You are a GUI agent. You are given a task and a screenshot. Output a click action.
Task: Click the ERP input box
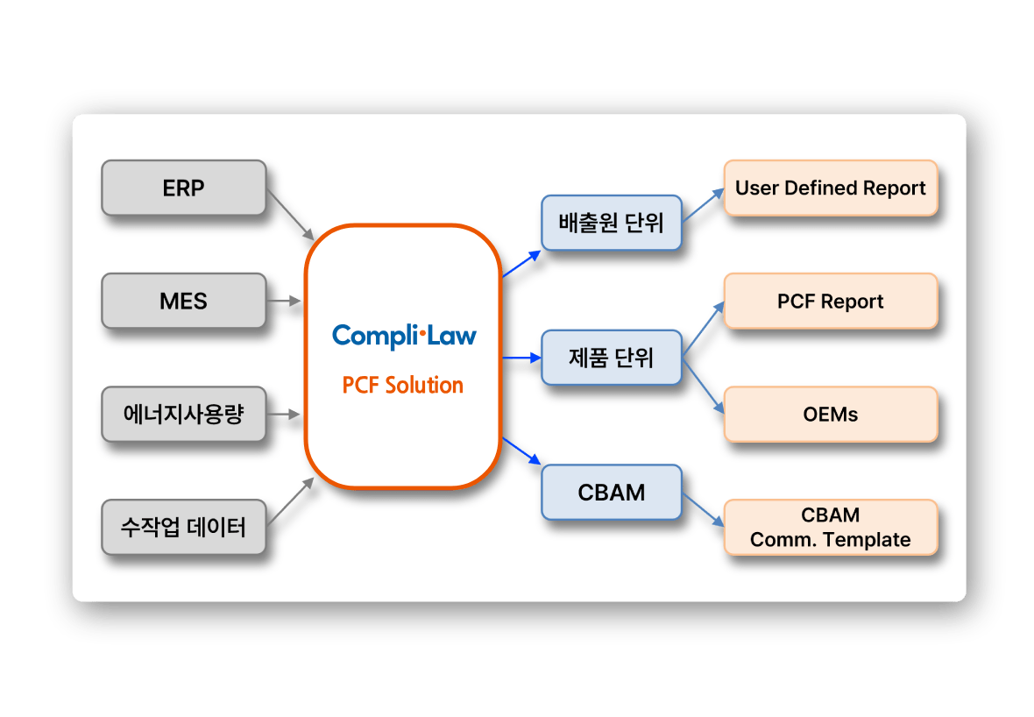pyautogui.click(x=183, y=188)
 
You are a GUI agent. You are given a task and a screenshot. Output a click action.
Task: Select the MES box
pyautogui.click(x=183, y=301)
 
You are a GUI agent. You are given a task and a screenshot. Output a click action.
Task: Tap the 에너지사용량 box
pyautogui.click(x=183, y=414)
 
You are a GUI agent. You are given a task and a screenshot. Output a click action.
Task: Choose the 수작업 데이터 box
pyautogui.click(x=183, y=527)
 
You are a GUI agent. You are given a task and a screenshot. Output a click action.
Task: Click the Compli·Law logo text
pyautogui.click(x=404, y=335)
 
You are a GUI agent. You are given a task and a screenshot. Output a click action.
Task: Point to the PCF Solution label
pyautogui.click(x=403, y=385)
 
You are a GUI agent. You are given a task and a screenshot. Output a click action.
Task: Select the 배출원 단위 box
pyautogui.click(x=611, y=223)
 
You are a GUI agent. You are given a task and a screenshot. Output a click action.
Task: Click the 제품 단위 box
pyautogui.click(x=611, y=358)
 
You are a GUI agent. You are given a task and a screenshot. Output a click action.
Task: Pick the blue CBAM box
pyautogui.click(x=611, y=493)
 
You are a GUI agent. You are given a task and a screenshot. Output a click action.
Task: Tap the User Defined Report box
pyautogui.click(x=830, y=188)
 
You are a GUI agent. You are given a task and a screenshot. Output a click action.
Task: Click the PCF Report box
pyautogui.click(x=830, y=301)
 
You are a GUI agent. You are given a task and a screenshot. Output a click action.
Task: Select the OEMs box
pyautogui.click(x=830, y=414)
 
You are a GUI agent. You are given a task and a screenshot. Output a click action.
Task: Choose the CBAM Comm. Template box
pyautogui.click(x=830, y=527)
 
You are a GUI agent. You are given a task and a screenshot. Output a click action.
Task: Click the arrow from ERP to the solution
pyautogui.click(x=290, y=215)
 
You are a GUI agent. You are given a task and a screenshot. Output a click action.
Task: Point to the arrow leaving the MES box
pyautogui.click(x=284, y=301)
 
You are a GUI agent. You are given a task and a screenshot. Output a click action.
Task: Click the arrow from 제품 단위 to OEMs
pyautogui.click(x=703, y=386)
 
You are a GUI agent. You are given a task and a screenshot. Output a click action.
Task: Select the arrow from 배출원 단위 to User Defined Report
pyautogui.click(x=703, y=205)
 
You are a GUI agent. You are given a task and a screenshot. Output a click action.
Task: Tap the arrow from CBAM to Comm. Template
pyautogui.click(x=703, y=509)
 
